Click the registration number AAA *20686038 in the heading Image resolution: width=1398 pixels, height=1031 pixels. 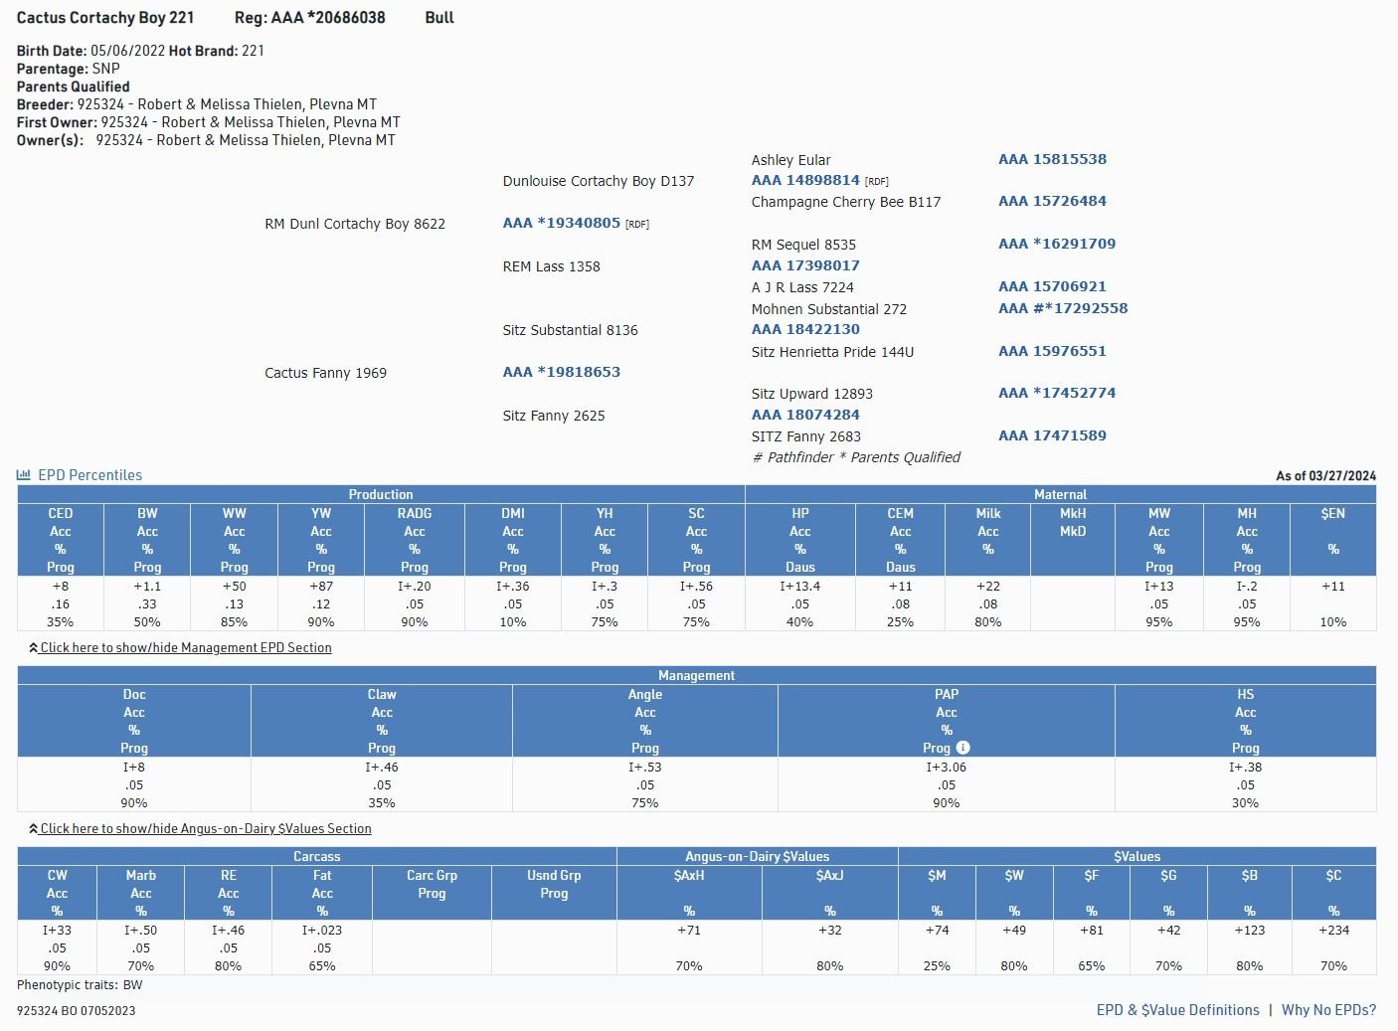(328, 18)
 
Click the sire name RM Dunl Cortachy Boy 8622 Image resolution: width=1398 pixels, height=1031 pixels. (355, 224)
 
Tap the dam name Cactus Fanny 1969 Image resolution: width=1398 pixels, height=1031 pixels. (325, 373)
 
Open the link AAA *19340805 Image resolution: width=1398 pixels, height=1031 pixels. (562, 223)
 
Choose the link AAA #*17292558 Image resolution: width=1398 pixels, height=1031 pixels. (1063, 308)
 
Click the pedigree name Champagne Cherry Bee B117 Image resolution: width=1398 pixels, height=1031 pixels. (846, 202)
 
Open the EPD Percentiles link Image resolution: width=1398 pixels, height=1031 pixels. (89, 475)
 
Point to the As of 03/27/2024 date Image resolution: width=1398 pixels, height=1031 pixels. (1325, 476)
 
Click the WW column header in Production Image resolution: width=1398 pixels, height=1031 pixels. (234, 513)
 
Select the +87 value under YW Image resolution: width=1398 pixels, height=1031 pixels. (320, 587)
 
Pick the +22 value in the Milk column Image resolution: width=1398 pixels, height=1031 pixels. (987, 587)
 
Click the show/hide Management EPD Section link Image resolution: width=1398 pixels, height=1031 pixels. (185, 647)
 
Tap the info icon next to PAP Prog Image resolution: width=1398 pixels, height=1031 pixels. (962, 748)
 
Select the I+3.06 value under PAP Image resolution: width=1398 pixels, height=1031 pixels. (946, 768)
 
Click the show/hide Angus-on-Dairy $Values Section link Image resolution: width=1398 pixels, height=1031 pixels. (205, 828)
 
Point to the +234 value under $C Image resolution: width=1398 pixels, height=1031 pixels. (1333, 931)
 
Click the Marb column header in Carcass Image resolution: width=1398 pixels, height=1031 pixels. (140, 875)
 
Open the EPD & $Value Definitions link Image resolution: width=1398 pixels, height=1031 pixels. (1177, 1010)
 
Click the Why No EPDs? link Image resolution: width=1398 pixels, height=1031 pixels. (1328, 1010)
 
